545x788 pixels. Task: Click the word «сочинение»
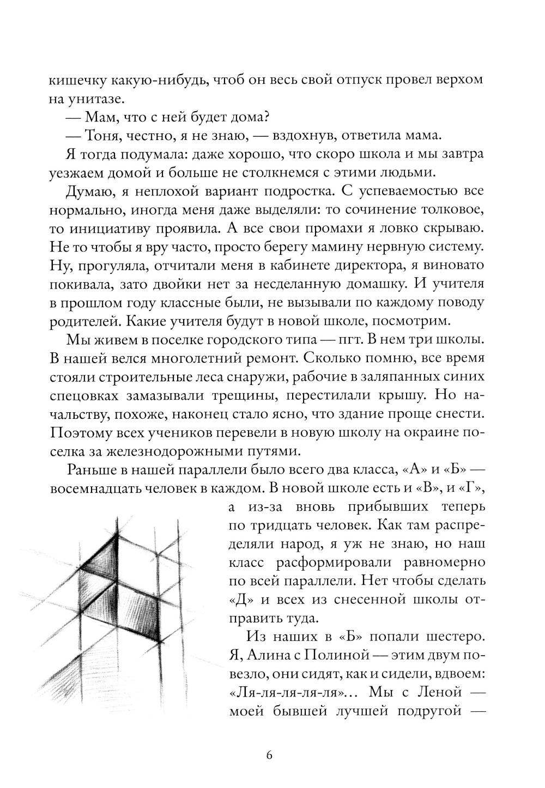pyautogui.click(x=376, y=210)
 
